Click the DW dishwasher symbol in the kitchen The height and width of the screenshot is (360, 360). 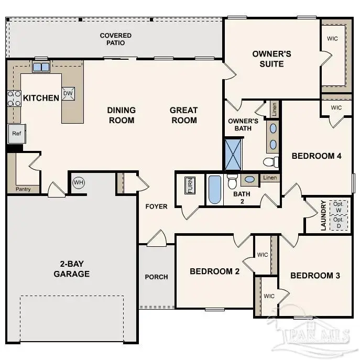coord(68,93)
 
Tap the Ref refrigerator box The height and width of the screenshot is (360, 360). coord(16,134)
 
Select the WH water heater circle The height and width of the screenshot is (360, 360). coord(79,182)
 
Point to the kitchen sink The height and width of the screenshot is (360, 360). coord(41,67)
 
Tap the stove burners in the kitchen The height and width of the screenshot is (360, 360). coord(14,99)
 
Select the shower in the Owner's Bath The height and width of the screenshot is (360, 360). coord(234,154)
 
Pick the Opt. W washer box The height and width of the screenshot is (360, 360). coord(339,207)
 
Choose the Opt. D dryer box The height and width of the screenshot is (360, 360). coord(339,223)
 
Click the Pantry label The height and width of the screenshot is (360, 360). coord(23,189)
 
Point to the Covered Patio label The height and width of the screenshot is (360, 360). coord(116,39)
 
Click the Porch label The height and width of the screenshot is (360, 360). coord(157,277)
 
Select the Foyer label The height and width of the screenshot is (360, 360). coord(157,206)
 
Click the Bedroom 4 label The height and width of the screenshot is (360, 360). coord(317,156)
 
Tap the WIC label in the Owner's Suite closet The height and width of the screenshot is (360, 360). coord(333,38)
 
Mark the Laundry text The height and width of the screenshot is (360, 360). coord(324,215)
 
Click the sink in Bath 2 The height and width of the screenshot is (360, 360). coord(250,179)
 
